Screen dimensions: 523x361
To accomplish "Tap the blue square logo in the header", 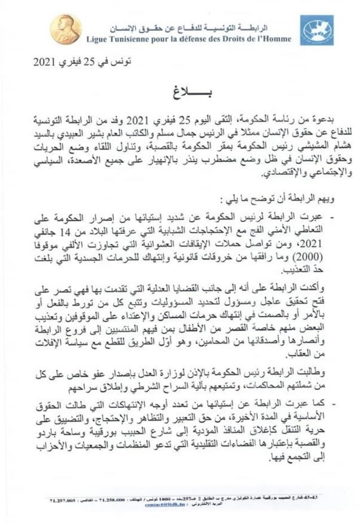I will point(317,30).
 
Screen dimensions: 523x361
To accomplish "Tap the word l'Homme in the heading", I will point(276,39).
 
